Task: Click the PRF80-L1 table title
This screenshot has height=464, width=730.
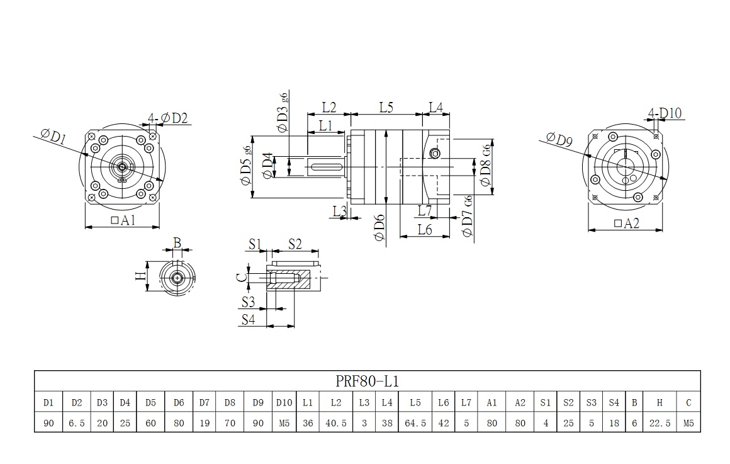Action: (x=368, y=382)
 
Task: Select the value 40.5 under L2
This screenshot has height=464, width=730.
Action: (x=335, y=423)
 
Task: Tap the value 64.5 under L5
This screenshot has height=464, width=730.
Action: (x=415, y=423)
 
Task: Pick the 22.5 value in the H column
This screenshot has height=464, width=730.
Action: (x=659, y=423)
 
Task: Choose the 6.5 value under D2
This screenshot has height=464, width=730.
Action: (x=77, y=423)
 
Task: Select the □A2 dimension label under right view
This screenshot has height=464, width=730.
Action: (x=626, y=223)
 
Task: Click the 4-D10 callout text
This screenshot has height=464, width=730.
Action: (x=665, y=113)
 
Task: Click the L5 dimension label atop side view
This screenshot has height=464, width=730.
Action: (x=386, y=107)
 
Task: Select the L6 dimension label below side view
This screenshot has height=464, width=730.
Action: (x=425, y=230)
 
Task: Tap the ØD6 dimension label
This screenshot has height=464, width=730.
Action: (x=378, y=227)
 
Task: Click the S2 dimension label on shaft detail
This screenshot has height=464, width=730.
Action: (x=295, y=244)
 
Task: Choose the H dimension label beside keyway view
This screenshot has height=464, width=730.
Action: (x=141, y=276)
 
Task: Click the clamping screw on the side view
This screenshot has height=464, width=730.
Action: (x=434, y=154)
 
